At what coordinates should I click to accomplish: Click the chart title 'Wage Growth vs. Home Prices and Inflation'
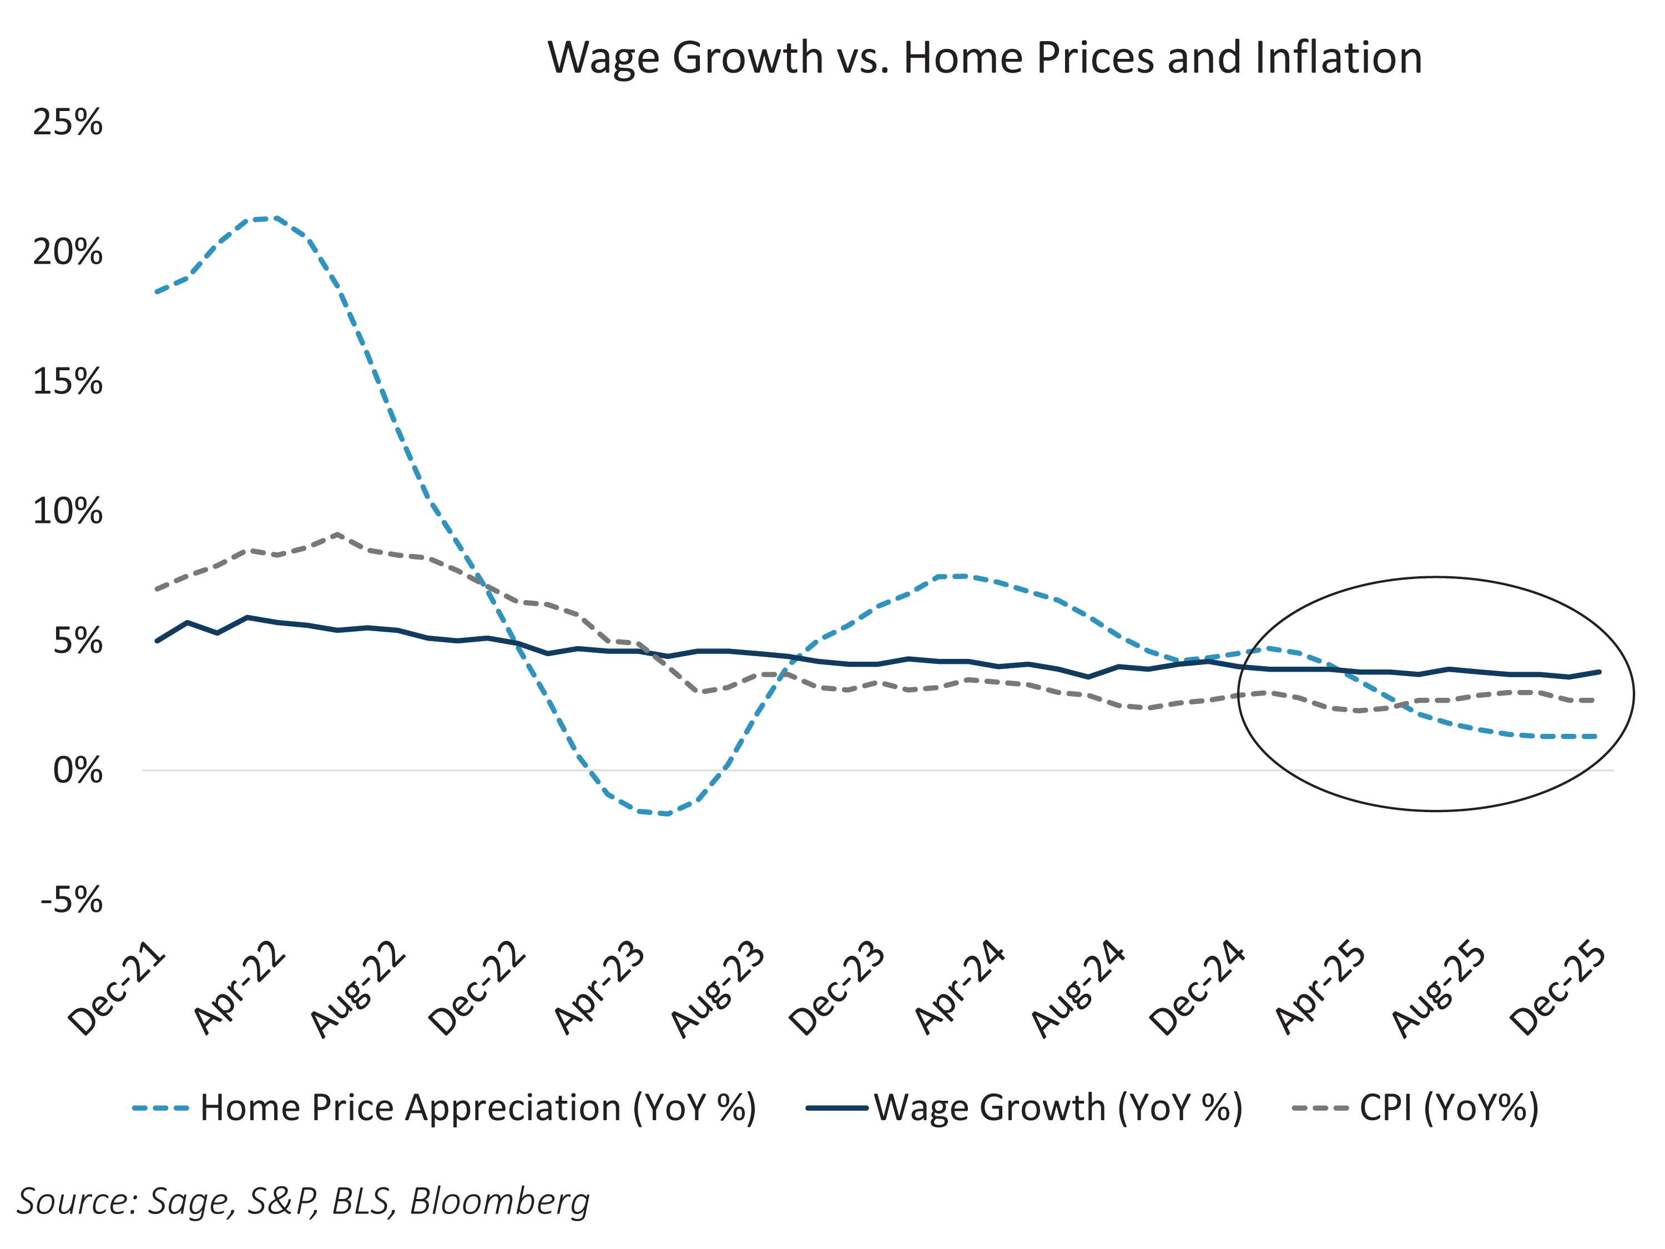[x=985, y=57]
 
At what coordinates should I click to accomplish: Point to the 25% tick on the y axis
[x=68, y=122]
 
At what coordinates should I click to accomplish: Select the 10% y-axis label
[x=68, y=512]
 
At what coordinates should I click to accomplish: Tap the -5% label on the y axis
[x=72, y=900]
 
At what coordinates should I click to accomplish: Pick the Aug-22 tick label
[x=359, y=989]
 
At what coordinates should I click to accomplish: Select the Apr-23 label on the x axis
[x=600, y=989]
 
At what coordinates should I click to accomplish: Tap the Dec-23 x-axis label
[x=837, y=989]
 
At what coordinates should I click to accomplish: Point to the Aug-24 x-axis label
[x=1078, y=989]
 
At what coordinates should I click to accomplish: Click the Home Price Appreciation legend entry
[x=444, y=1108]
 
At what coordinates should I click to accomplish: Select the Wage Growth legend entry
[x=1023, y=1108]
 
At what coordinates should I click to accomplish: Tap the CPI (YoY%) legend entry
[x=1415, y=1108]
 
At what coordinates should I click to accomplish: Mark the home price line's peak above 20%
[x=277, y=218]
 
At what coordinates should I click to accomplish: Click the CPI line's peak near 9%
[x=337, y=535]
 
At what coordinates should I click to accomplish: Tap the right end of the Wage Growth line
[x=1599, y=672]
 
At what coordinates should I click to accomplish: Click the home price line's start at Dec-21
[x=157, y=292]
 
